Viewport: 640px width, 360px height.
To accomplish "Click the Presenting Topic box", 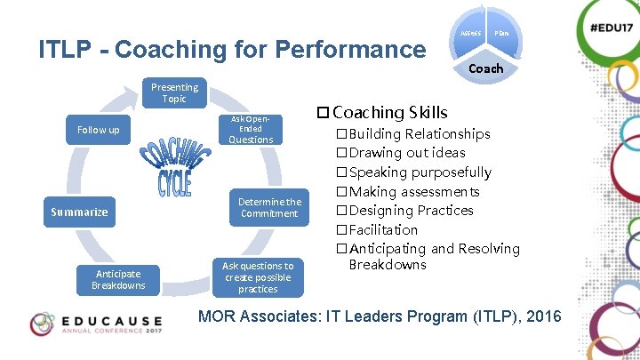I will pyautogui.click(x=174, y=93).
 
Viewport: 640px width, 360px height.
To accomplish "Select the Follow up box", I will pyautogui.click(x=98, y=130).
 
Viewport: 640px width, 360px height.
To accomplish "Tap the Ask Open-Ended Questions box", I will pyautogui.click(x=251, y=130).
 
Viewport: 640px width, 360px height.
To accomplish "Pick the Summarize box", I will pyautogui.click(x=79, y=212).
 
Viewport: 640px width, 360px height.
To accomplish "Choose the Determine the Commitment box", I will pyautogui.click(x=268, y=207).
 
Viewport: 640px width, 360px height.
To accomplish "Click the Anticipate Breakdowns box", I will pyautogui.click(x=118, y=279).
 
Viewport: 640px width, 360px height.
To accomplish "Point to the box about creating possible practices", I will pyautogui.click(x=258, y=277).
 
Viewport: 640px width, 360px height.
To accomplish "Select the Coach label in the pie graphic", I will pyautogui.click(x=485, y=68).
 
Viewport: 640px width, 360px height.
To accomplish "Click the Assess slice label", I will pyautogui.click(x=470, y=33).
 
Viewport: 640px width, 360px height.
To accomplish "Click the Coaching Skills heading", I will pyautogui.click(x=389, y=112).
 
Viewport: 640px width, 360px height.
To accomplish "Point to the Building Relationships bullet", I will pyautogui.click(x=419, y=134).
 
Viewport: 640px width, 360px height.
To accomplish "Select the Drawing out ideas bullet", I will pyautogui.click(x=406, y=153).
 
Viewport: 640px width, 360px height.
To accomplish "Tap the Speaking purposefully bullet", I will pyautogui.click(x=420, y=172).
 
